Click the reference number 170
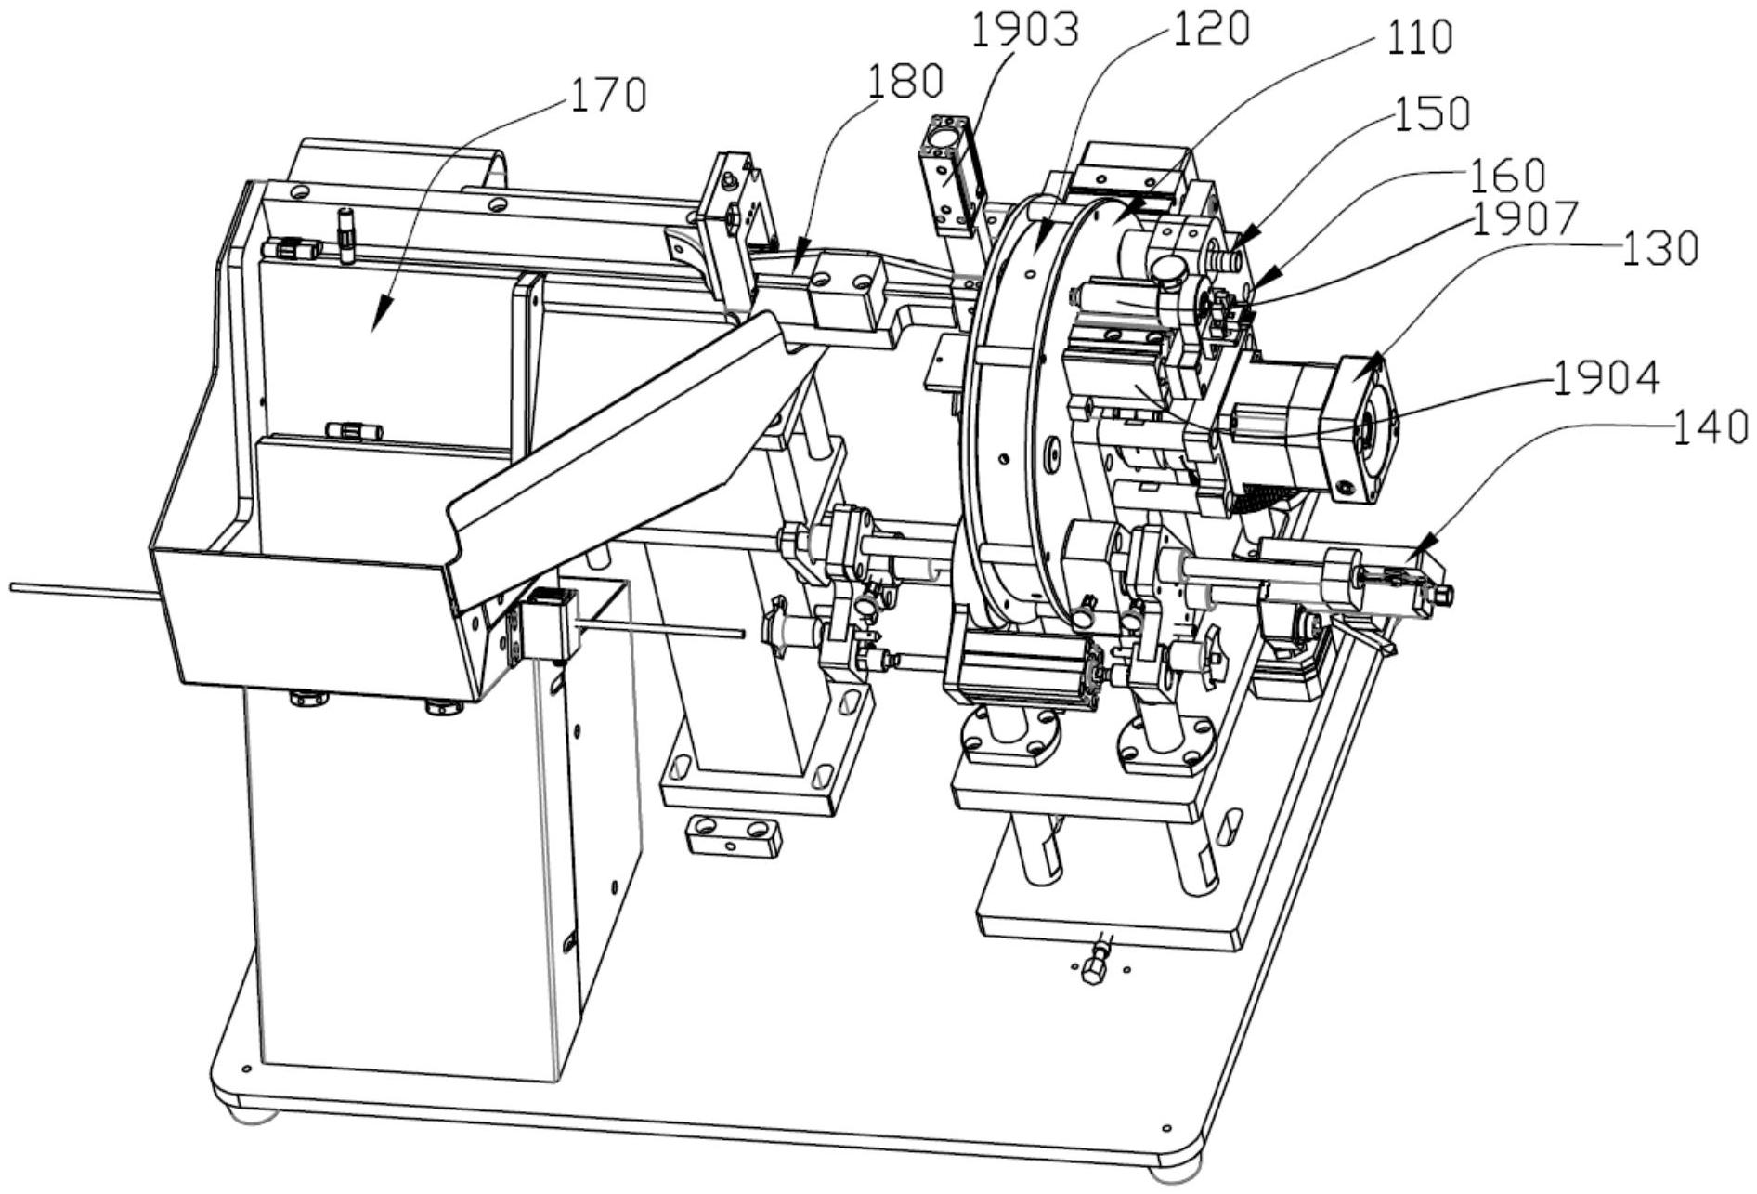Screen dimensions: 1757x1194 tap(608, 96)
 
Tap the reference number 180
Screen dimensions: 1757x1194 tap(905, 82)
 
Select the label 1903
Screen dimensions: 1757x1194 tap(1025, 30)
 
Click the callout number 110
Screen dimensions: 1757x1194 tap(1418, 37)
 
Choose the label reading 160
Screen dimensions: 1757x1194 tap(1506, 175)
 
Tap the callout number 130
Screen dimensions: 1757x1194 tap(1661, 247)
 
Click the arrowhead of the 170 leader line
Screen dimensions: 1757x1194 tap(375, 325)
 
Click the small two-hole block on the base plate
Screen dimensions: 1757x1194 tap(731, 835)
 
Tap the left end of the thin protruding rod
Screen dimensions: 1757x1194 tap(11, 586)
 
